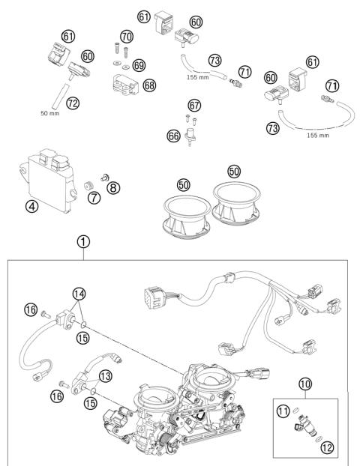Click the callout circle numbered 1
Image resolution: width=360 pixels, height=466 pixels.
tap(83, 242)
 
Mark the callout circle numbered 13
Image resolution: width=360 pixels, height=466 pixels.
tap(105, 375)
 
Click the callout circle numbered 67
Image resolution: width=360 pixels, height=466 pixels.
tap(194, 104)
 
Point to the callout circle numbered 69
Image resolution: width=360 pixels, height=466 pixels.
tap(139, 66)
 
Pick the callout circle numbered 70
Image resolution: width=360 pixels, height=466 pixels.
tap(126, 35)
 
